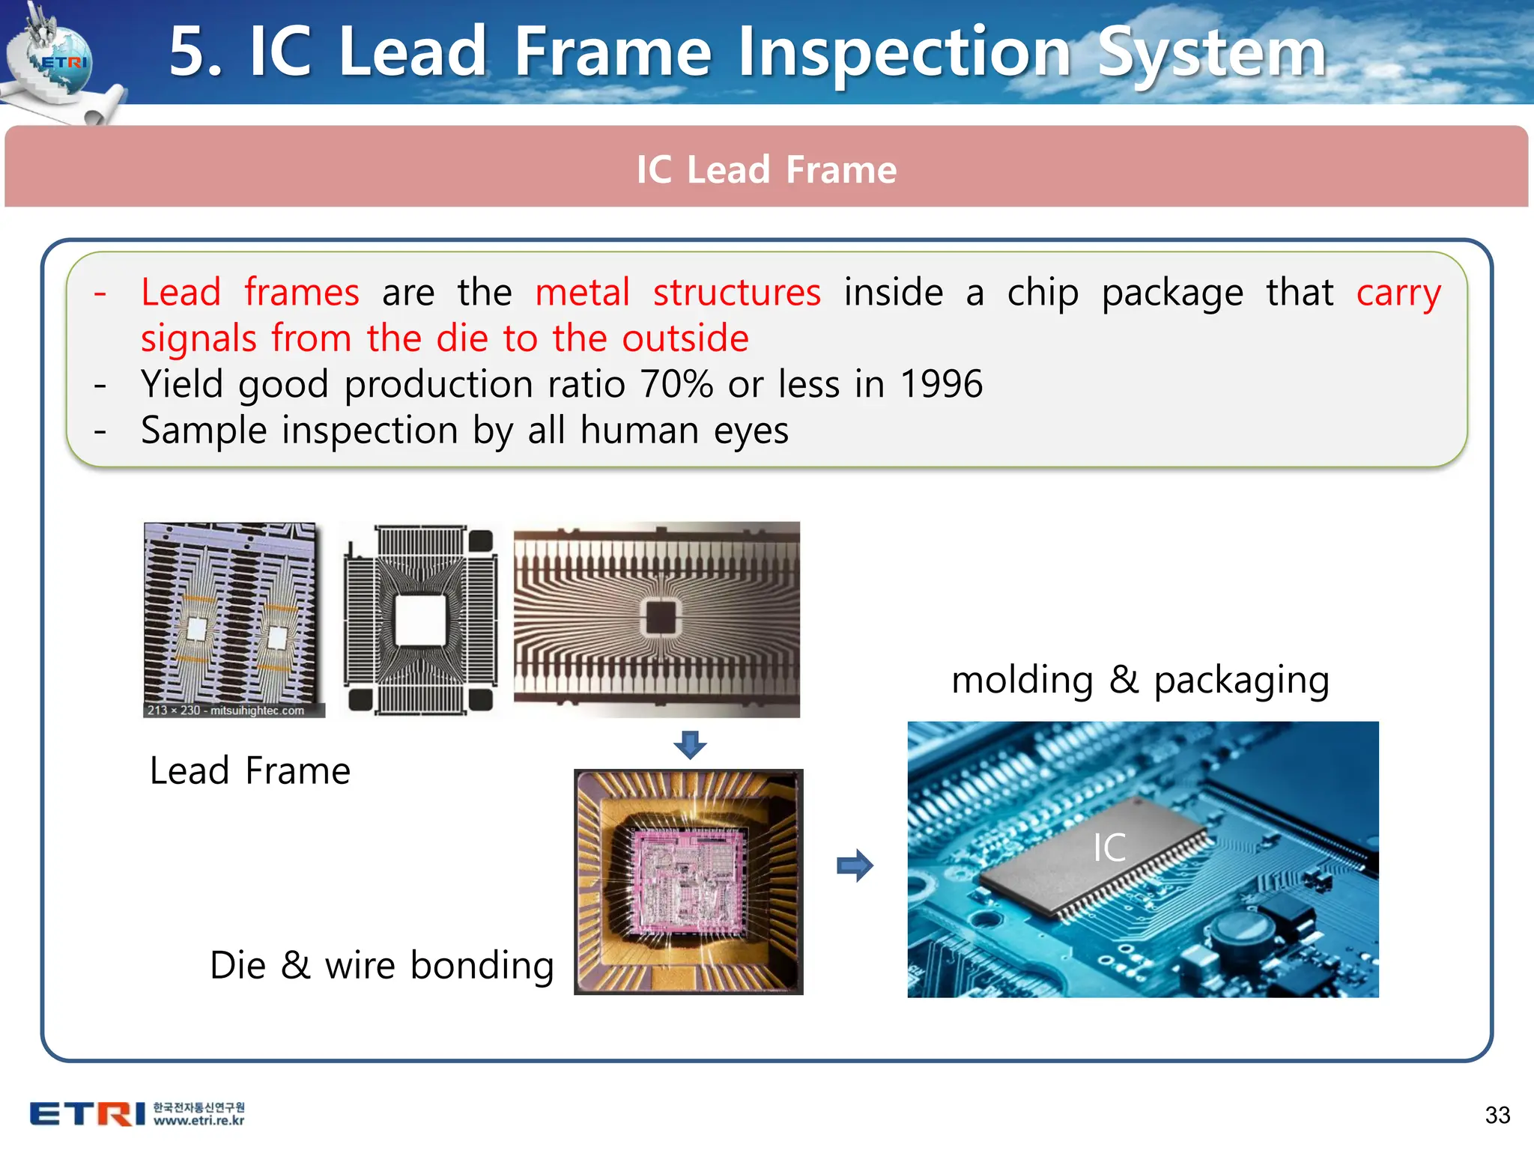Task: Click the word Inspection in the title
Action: click(904, 52)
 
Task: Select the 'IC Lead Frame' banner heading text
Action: click(766, 169)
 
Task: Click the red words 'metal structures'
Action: click(678, 292)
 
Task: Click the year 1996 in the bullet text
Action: click(941, 384)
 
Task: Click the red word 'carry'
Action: click(1398, 292)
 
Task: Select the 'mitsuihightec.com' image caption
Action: click(256, 710)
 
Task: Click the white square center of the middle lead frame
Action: click(419, 620)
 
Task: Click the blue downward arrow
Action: click(690, 745)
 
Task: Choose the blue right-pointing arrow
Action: click(855, 865)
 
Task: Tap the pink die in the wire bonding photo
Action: click(687, 877)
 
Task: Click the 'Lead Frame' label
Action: click(250, 771)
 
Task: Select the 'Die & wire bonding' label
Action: click(382, 965)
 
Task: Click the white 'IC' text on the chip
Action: click(1109, 848)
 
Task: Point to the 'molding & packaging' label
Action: click(1140, 681)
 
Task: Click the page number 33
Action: click(1497, 1115)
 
